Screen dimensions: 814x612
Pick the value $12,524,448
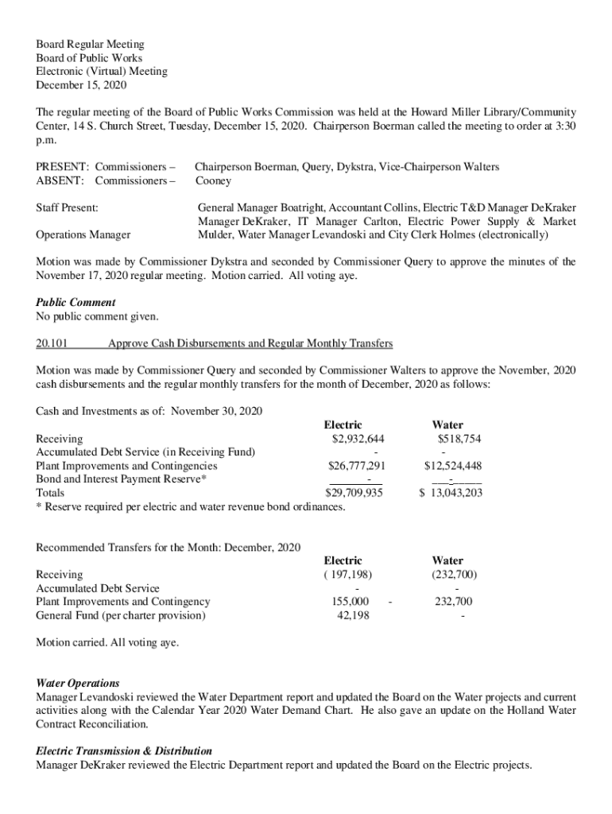pyautogui.click(x=452, y=466)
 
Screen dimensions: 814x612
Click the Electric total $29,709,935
pyautogui.click(x=354, y=493)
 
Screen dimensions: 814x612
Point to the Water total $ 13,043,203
pyautogui.click(x=450, y=493)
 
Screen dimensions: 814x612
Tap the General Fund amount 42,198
pyautogui.click(x=353, y=615)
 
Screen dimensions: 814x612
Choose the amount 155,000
pyautogui.click(x=350, y=602)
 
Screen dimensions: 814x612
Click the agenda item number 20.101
pyautogui.click(x=52, y=343)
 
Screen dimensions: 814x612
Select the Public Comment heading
pyautogui.click(x=76, y=302)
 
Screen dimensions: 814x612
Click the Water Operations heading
pyautogui.click(x=78, y=683)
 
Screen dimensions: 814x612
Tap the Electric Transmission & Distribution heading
pyautogui.click(x=124, y=750)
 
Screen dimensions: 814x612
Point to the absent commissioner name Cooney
pyautogui.click(x=214, y=180)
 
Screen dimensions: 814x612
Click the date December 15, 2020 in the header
pyautogui.click(x=81, y=85)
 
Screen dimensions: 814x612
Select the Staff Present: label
pyautogui.click(x=68, y=207)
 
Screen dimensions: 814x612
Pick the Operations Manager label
pyautogui.click(x=83, y=235)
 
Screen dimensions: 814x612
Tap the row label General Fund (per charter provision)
pyautogui.click(x=121, y=615)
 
